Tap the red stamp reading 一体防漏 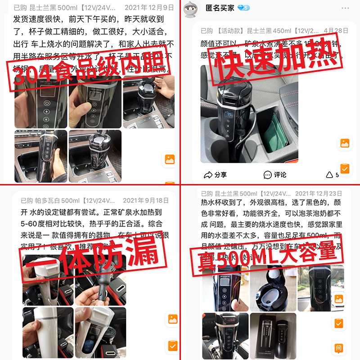95,256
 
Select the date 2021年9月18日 146,200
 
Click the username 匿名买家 220,8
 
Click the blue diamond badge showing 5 243,8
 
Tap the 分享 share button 216,175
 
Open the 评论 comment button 275,175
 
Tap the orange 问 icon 338,347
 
